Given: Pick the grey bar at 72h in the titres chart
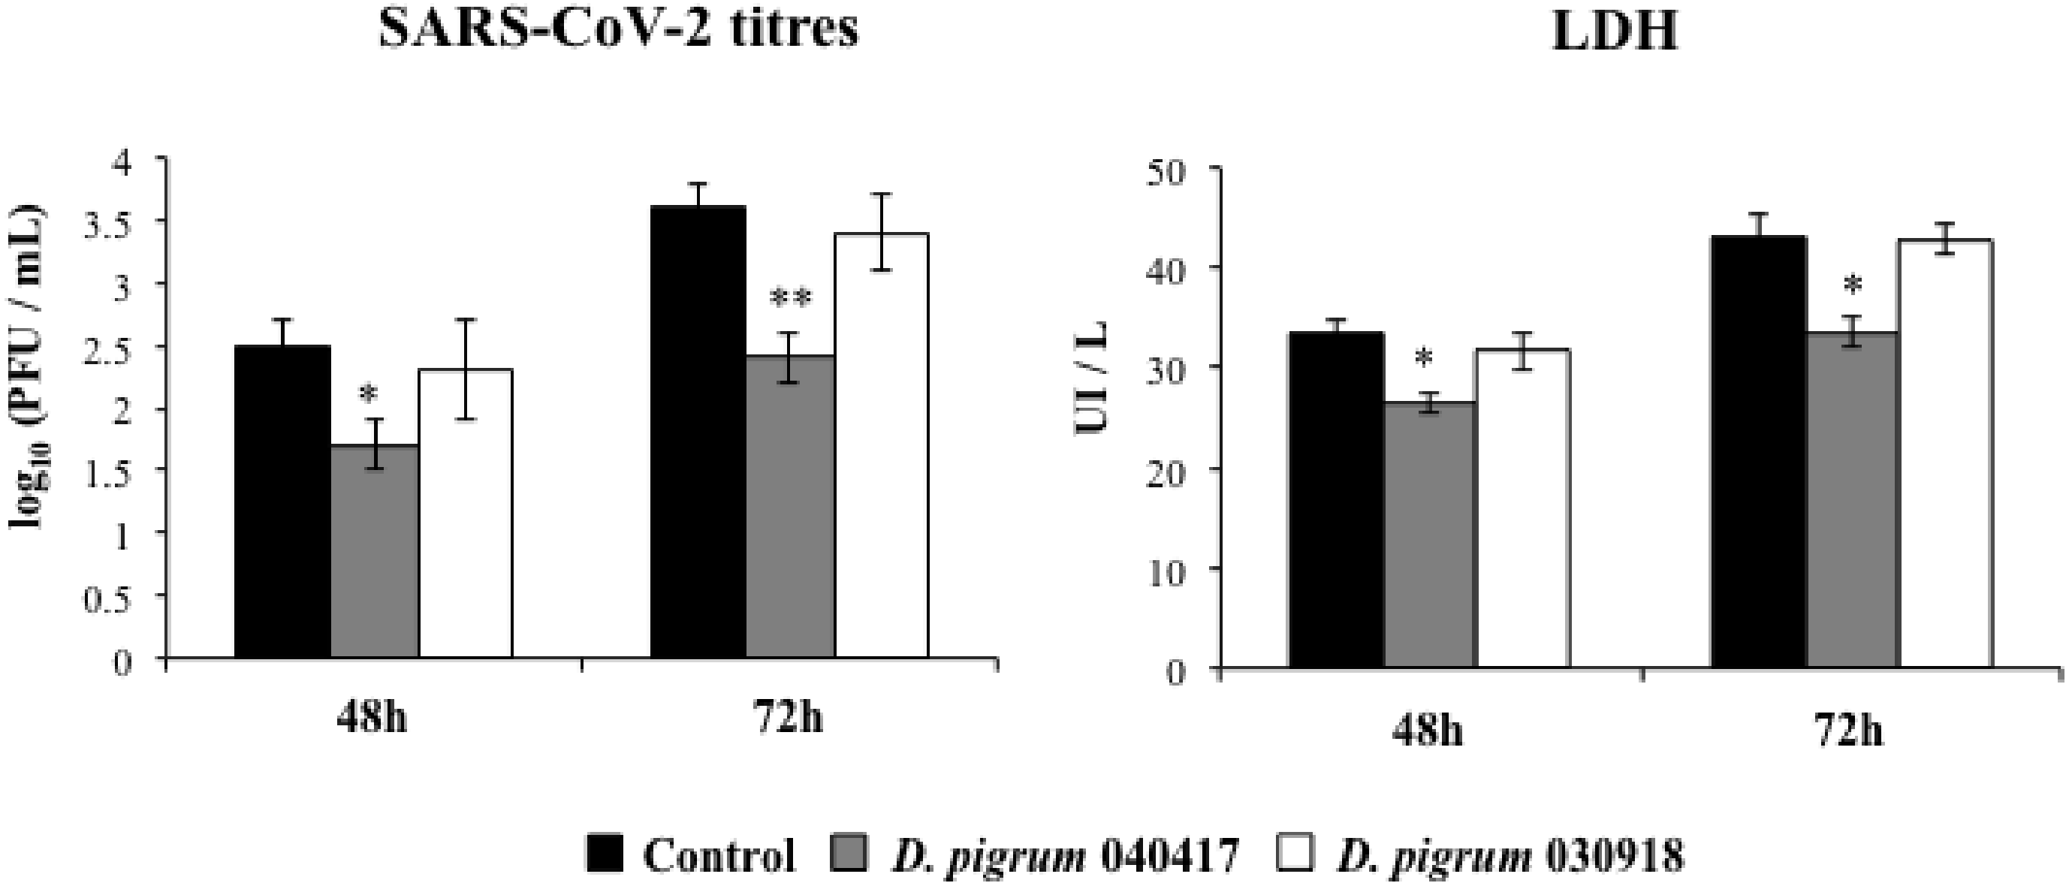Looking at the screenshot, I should (x=790, y=507).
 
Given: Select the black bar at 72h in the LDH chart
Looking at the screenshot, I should (x=1758, y=451).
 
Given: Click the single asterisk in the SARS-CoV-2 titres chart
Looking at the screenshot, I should (x=369, y=394).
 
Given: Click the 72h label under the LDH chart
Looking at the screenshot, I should (x=1848, y=733).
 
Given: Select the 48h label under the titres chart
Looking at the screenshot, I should (x=372, y=717).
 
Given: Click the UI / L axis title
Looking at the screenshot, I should (x=1092, y=378).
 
